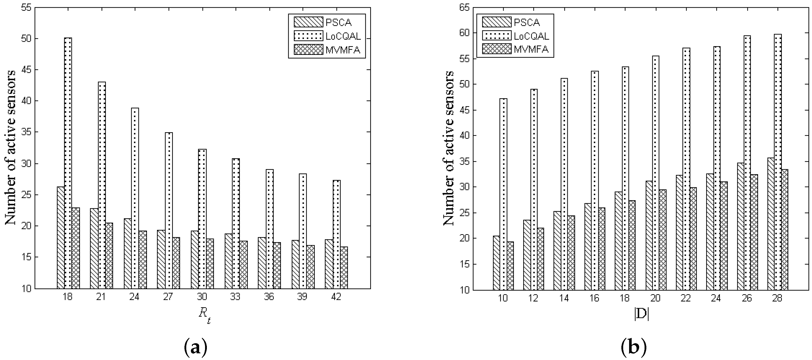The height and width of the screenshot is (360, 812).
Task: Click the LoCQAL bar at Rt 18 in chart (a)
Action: (x=68, y=163)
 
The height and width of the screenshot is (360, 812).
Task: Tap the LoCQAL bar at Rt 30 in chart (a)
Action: (x=202, y=219)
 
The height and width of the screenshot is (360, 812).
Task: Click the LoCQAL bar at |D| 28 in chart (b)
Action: (x=777, y=162)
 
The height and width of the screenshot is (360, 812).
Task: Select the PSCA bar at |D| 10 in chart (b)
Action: (x=496, y=263)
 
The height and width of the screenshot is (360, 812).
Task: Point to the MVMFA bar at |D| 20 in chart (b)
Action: (x=662, y=240)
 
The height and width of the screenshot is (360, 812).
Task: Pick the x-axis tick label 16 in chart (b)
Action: (x=594, y=298)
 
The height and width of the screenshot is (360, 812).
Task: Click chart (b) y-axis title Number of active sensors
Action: (x=449, y=148)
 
